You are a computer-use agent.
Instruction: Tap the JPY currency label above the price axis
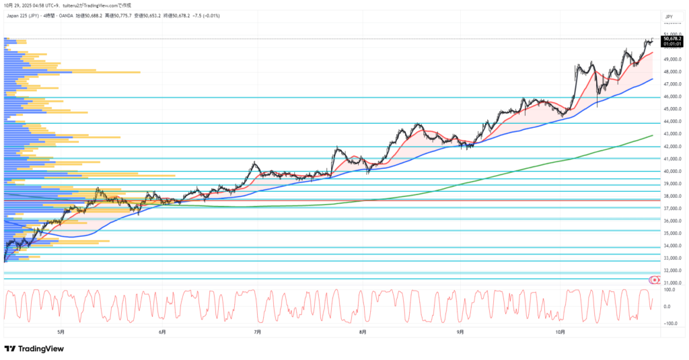pos(669,16)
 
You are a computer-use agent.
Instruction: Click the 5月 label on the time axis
pos(61,332)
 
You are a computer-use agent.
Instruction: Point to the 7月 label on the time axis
pos(257,332)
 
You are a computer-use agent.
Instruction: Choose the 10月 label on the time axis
pos(560,332)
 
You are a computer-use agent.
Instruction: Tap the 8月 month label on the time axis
pos(363,332)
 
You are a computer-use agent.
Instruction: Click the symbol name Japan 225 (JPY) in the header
pos(24,13)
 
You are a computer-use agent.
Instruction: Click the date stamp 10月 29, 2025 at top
pos(19,5)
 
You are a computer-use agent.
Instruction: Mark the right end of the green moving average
pos(653,135)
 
